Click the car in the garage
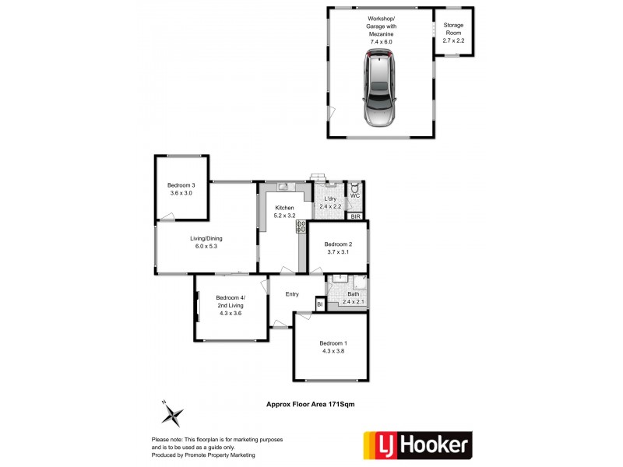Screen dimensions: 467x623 click(378, 89)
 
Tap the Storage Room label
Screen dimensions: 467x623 click(453, 30)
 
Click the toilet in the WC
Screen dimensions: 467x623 click(355, 188)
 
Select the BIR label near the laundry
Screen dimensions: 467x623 click(355, 216)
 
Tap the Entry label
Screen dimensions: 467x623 click(292, 293)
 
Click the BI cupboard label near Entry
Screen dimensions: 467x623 click(319, 304)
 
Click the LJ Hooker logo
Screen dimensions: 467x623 click(417, 445)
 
